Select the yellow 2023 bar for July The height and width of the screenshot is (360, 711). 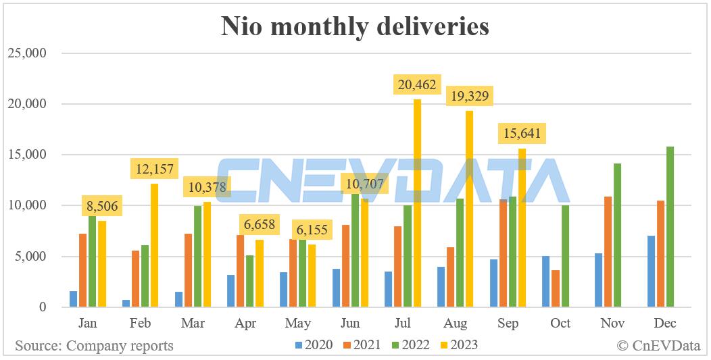417,203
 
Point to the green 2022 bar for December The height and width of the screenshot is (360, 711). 670,227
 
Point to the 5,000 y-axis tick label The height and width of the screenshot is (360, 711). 31,257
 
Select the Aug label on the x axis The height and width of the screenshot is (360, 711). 456,324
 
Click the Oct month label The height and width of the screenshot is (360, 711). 560,324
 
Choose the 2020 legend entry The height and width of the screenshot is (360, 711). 314,345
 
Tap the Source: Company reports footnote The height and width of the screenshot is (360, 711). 94,346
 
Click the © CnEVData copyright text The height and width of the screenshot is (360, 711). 658,346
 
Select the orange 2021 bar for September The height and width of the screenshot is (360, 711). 503,253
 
